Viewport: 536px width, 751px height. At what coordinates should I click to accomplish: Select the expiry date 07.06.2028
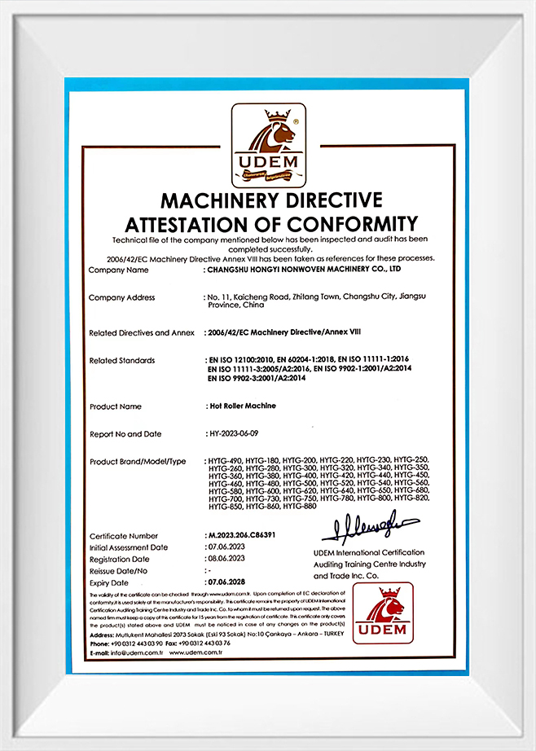click(229, 583)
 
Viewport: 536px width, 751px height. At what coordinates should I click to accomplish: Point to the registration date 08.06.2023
click(229, 560)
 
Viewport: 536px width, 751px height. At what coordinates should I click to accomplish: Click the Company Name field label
click(119, 270)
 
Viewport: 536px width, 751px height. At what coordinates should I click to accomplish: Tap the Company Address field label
click(121, 297)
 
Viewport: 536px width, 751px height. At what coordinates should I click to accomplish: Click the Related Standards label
click(121, 360)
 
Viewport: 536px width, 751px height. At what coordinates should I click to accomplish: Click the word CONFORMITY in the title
click(350, 224)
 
